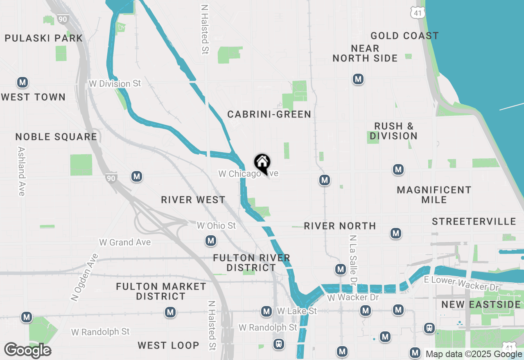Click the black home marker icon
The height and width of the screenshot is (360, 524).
(x=262, y=163)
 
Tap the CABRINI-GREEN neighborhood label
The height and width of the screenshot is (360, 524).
(x=269, y=115)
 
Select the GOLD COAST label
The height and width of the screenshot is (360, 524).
(x=404, y=36)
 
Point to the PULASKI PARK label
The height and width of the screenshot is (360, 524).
(x=44, y=38)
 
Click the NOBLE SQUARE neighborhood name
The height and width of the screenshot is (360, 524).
(x=56, y=137)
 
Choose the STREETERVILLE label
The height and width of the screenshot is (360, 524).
(x=474, y=222)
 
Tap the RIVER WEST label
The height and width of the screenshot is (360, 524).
(x=193, y=200)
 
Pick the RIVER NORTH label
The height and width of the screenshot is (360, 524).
(x=340, y=226)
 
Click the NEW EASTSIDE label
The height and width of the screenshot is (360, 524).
(x=481, y=304)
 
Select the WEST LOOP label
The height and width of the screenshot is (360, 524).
(x=168, y=345)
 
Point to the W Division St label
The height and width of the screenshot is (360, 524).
(x=115, y=83)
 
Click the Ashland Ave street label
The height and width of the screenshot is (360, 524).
(x=22, y=171)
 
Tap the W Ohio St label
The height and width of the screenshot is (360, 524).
(x=216, y=225)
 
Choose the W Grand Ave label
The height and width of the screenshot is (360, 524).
(x=125, y=242)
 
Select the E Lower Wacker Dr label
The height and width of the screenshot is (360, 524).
(x=461, y=283)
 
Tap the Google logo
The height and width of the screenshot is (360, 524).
(x=27, y=350)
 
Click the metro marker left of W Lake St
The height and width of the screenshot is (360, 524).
(x=267, y=311)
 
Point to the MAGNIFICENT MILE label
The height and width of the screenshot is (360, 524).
(x=434, y=195)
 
